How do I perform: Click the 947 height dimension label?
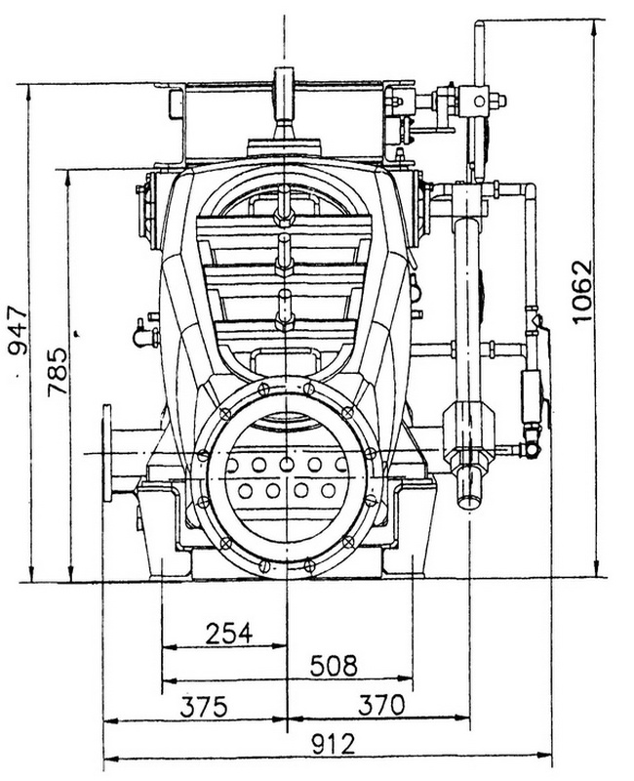(x=19, y=330)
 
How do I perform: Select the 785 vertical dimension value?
(x=57, y=371)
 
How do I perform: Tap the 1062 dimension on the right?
(x=581, y=291)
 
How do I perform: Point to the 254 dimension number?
(x=229, y=633)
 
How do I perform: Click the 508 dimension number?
(x=334, y=666)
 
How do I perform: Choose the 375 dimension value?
(x=204, y=706)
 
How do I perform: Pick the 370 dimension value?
(x=380, y=705)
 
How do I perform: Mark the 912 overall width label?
(x=334, y=744)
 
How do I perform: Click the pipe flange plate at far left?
(x=106, y=453)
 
